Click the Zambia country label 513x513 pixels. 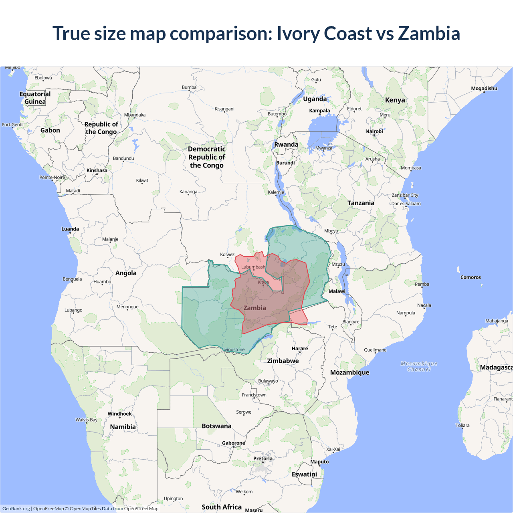click(x=254, y=308)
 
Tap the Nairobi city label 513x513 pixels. click(x=374, y=131)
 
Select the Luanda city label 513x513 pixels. click(x=70, y=229)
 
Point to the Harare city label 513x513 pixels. click(x=300, y=349)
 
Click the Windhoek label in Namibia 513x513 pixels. click(x=119, y=414)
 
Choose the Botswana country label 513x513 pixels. click(x=216, y=426)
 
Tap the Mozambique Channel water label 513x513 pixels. click(x=419, y=366)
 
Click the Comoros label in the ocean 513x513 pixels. click(x=471, y=277)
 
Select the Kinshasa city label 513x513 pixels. click(x=97, y=170)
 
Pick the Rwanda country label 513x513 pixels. click(x=286, y=145)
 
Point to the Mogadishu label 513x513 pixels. click(x=484, y=89)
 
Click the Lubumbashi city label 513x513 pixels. click(x=253, y=267)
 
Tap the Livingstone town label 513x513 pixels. click(x=233, y=349)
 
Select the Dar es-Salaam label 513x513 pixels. click(x=406, y=204)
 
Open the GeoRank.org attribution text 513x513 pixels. click(x=16, y=509)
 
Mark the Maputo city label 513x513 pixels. click(x=319, y=462)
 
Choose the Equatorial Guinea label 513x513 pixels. click(x=35, y=98)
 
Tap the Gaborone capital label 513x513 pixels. click(x=233, y=443)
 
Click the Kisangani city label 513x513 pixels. click(x=224, y=109)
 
